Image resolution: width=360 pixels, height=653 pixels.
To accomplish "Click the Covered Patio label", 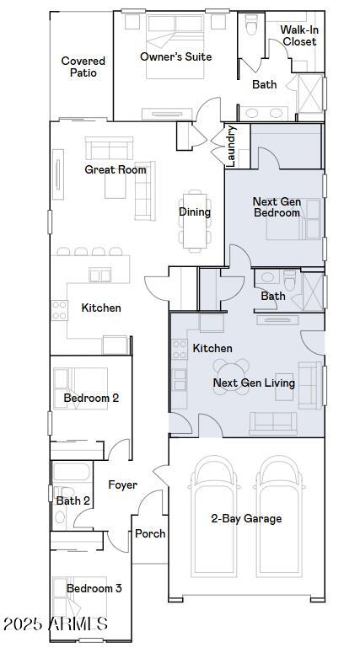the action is click(x=83, y=67).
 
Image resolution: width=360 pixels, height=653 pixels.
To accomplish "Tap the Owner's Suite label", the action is click(x=176, y=56).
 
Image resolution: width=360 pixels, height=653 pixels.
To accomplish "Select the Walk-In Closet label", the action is click(x=298, y=36).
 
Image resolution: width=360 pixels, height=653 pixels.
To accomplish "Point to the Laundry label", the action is click(x=232, y=146).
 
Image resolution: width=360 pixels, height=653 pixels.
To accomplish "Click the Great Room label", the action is click(x=116, y=169).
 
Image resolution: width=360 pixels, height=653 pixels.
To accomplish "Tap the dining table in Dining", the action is click(x=195, y=221).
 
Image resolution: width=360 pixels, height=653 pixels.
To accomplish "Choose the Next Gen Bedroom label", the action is click(x=277, y=207).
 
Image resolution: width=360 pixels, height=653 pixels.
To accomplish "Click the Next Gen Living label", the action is click(x=254, y=383).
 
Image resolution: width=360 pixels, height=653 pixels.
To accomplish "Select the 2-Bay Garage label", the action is click(x=246, y=518).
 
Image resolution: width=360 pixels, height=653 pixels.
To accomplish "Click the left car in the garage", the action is click(x=214, y=517).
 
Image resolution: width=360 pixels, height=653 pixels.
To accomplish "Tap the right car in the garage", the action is click(x=279, y=517).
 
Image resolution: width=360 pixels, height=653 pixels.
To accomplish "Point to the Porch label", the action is click(x=150, y=533).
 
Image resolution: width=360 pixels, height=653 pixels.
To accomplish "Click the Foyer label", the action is click(x=122, y=484).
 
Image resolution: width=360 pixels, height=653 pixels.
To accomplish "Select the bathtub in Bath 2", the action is click(x=72, y=472).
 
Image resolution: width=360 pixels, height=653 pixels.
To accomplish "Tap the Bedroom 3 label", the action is click(x=94, y=588).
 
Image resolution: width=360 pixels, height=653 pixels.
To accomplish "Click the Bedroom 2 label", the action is click(x=91, y=398).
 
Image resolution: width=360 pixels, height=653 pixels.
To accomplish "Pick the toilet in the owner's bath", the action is click(x=252, y=25).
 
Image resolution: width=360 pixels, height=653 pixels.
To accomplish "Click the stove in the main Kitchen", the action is click(x=60, y=310).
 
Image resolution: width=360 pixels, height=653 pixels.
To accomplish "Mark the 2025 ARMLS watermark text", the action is click(x=56, y=624).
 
